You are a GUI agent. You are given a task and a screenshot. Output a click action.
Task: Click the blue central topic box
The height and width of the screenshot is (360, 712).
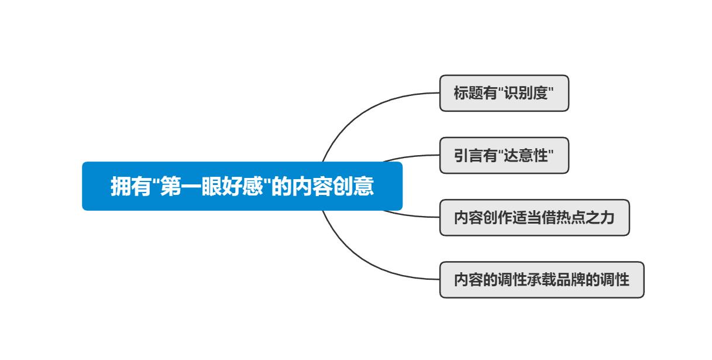tap(242, 186)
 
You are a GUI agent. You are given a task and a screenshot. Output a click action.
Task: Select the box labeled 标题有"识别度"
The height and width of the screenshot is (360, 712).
tap(504, 93)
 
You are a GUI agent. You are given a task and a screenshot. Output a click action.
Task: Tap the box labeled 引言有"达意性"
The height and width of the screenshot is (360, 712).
tap(504, 156)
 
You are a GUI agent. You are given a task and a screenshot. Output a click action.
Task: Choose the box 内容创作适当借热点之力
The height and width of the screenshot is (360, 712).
tap(535, 218)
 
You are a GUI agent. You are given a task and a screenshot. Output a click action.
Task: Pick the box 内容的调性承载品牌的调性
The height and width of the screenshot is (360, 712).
tap(542, 280)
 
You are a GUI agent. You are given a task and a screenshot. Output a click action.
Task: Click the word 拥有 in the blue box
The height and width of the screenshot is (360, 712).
tap(130, 186)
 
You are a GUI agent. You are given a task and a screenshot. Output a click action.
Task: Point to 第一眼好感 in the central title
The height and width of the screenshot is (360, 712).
tap(211, 186)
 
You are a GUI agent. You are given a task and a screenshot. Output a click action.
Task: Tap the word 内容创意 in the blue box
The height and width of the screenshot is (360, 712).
tap(332, 186)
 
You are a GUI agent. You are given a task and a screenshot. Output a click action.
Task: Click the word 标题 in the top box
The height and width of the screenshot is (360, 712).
tap(468, 93)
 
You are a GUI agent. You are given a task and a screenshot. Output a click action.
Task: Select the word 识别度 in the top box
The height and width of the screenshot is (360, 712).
tap(526, 93)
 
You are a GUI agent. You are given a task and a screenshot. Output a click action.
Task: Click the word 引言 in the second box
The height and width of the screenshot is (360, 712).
tap(468, 156)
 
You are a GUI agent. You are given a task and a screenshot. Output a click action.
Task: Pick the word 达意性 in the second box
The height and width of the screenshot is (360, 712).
tap(526, 156)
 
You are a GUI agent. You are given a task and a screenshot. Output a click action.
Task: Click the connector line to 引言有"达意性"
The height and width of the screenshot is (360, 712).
tap(411, 157)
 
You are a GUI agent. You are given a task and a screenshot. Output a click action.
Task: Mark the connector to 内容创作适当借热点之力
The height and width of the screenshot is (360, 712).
tap(411, 215)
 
